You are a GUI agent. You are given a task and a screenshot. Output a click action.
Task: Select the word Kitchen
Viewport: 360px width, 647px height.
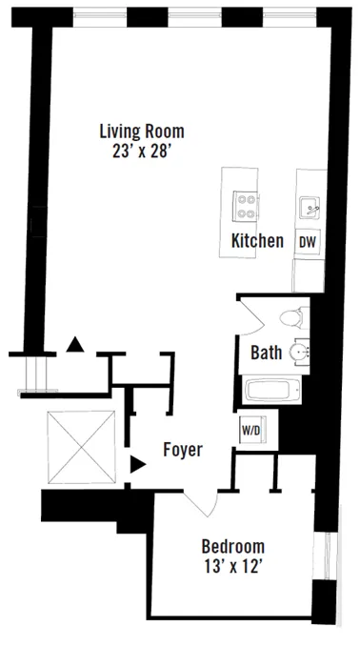tap(257, 241)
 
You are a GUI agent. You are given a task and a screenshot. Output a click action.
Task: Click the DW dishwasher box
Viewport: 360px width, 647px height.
tap(307, 242)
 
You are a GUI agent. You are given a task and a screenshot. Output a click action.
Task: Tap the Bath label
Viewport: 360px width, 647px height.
tap(266, 353)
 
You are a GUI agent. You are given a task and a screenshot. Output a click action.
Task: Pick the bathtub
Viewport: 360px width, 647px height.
tap(272, 392)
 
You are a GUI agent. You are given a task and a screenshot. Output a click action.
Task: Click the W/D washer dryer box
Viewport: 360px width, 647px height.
tap(250, 430)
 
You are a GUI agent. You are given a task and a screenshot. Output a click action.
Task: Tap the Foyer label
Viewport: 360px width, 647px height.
tap(182, 450)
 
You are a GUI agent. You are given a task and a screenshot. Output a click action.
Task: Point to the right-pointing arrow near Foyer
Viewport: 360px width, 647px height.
tap(137, 464)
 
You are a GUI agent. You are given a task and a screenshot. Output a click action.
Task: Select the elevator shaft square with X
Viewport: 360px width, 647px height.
tap(80, 447)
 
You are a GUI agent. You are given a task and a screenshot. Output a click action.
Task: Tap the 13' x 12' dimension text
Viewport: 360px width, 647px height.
tap(232, 567)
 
